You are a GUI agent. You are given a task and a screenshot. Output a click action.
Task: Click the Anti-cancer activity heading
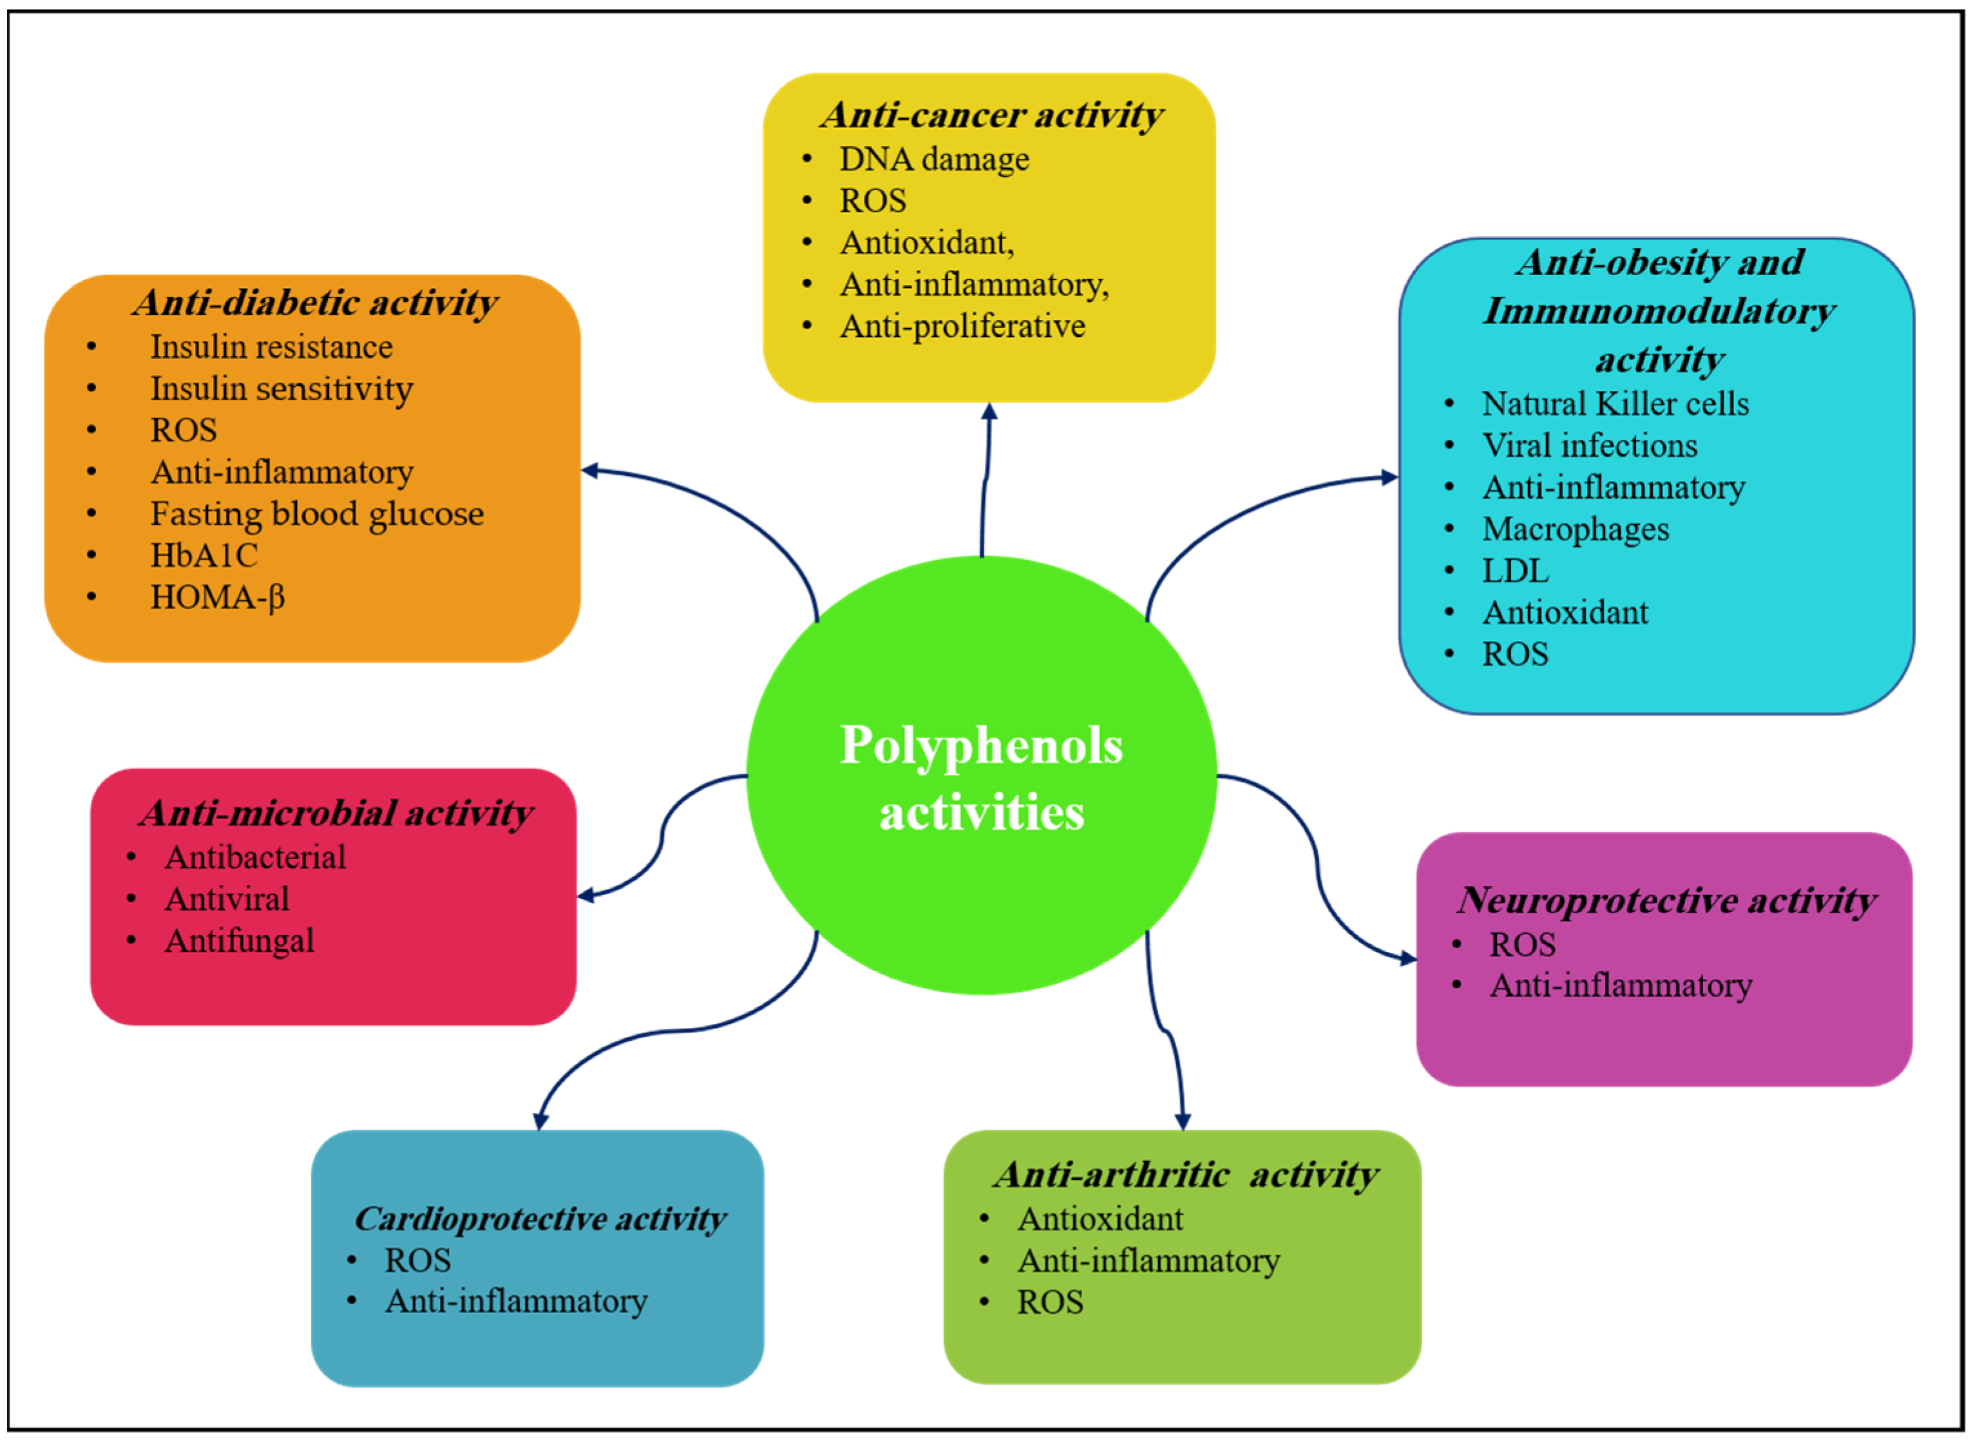tap(991, 115)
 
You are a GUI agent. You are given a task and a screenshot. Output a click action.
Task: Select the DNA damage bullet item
tap(933, 160)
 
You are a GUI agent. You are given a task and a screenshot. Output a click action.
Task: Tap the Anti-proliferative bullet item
tap(962, 327)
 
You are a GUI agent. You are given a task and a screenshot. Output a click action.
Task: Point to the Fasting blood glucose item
tap(316, 514)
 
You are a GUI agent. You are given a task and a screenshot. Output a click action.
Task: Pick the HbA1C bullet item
tap(204, 556)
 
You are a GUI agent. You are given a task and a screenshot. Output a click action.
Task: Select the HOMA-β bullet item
tap(217, 598)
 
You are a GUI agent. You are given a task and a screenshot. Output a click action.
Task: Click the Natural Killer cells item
tap(1614, 404)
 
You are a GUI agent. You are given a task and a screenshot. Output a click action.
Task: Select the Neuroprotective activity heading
tap(1666, 901)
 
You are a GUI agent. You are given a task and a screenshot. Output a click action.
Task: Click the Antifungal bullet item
tap(239, 941)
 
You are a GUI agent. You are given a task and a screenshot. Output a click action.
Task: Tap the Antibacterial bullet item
tap(255, 857)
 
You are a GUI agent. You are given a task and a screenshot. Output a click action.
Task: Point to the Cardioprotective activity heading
tap(540, 1219)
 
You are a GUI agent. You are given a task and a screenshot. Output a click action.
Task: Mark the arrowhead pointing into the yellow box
tap(989, 412)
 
